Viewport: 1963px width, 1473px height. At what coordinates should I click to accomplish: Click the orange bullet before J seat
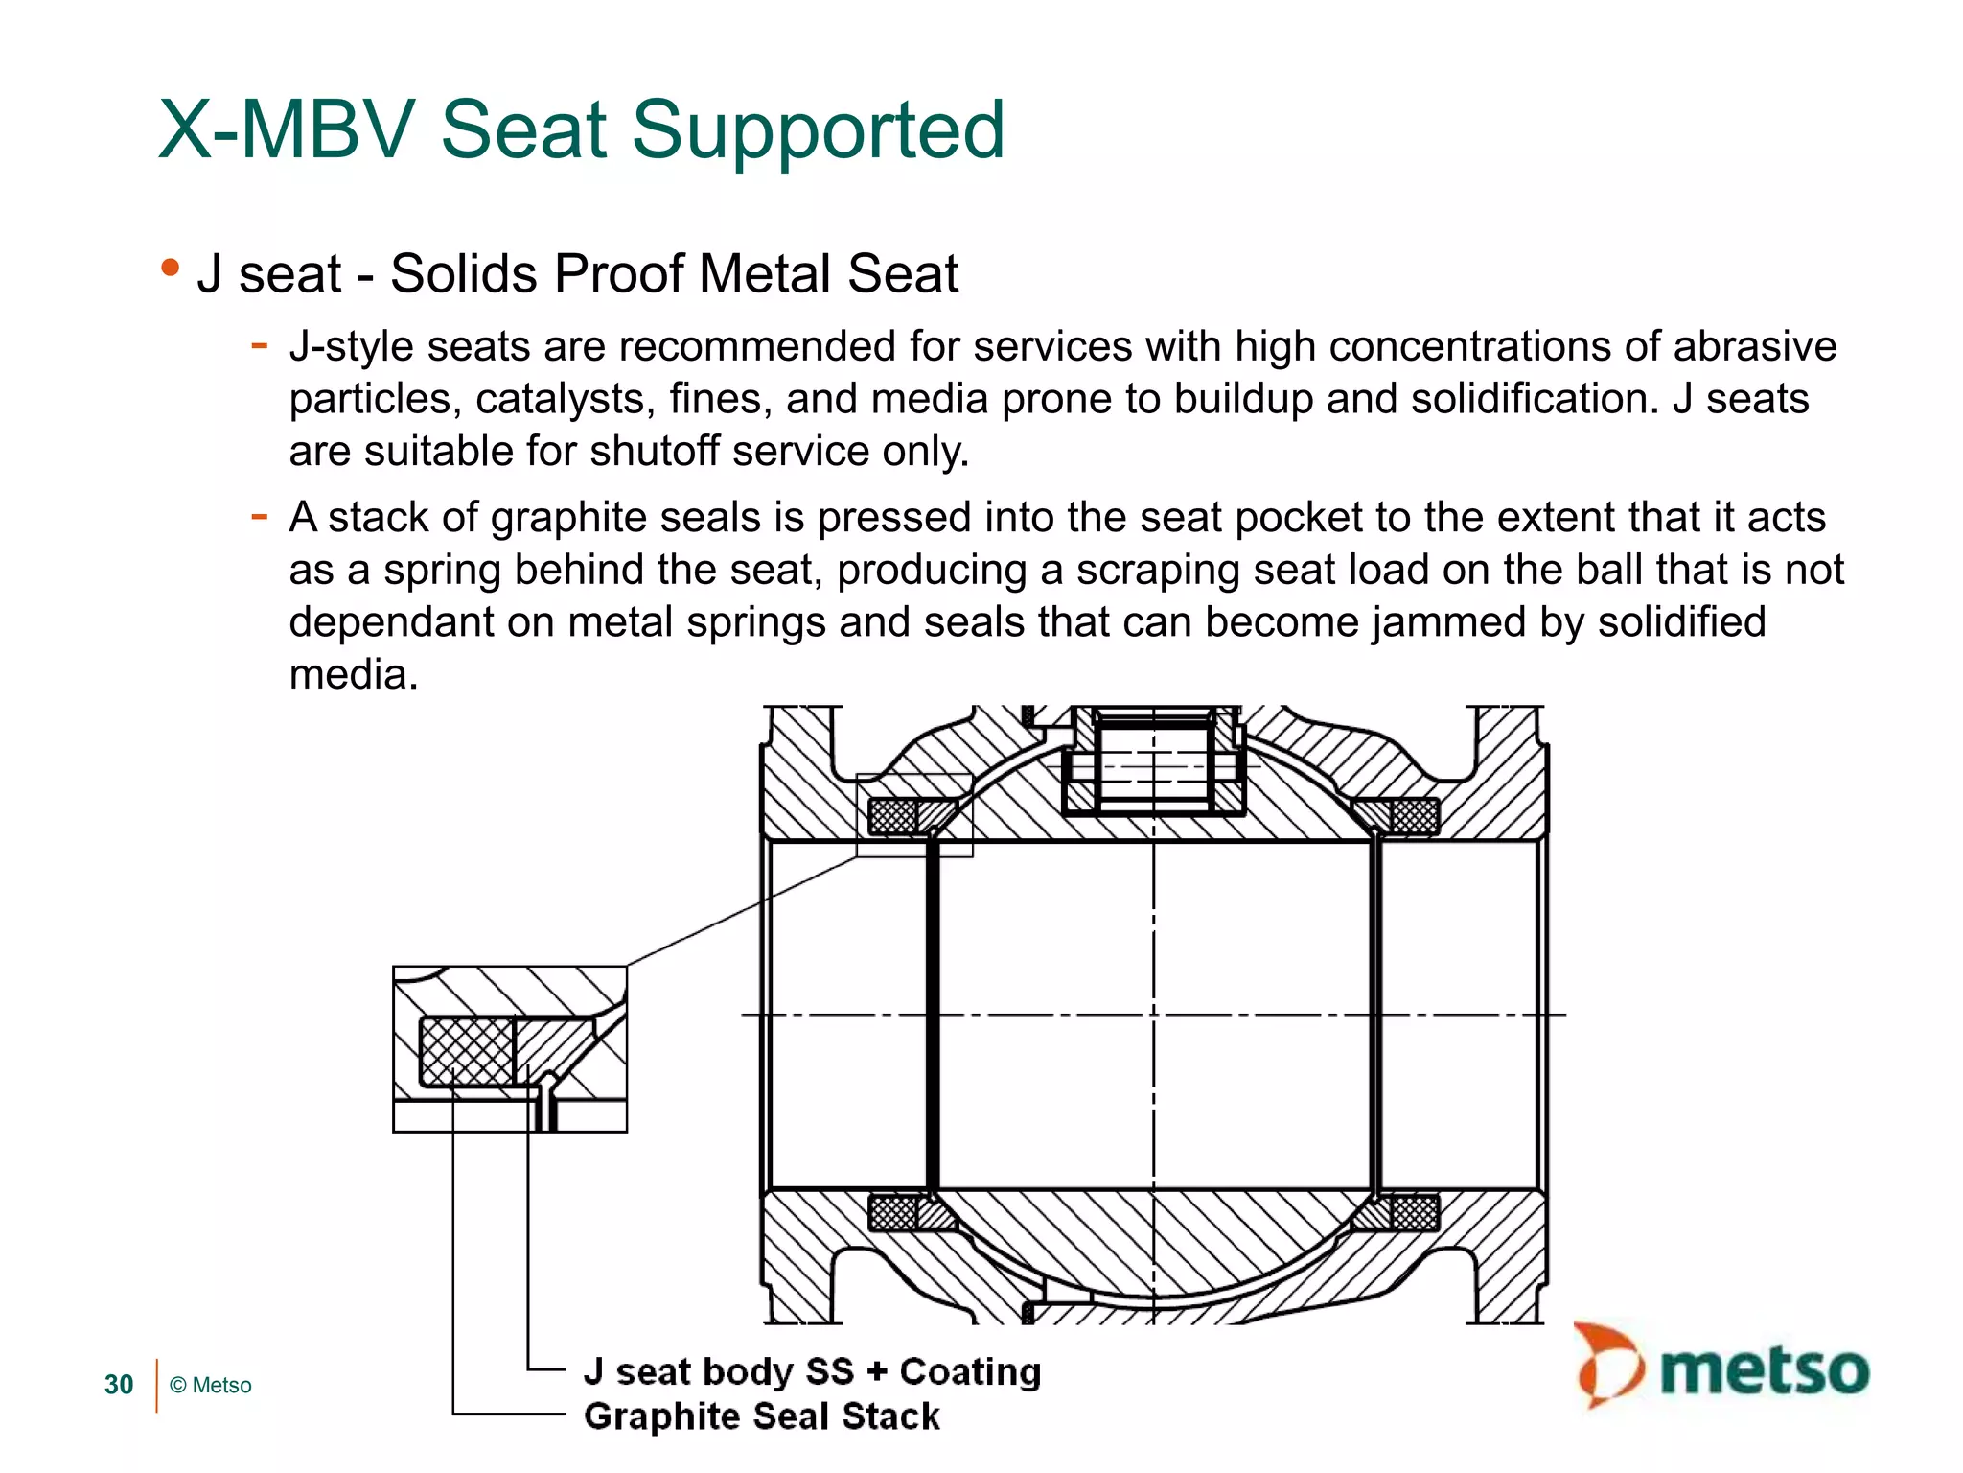pos(171,268)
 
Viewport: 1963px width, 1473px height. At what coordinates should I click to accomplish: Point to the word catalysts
pos(566,399)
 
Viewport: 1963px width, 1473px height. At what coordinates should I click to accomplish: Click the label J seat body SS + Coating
pos(812,1371)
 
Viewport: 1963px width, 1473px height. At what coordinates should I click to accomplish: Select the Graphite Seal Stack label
pos(762,1416)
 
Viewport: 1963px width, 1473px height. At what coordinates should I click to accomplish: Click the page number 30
pos(119,1385)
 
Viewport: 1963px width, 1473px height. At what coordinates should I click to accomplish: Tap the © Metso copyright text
pos(211,1385)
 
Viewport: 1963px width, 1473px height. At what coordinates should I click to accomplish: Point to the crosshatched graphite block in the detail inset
pos(467,1051)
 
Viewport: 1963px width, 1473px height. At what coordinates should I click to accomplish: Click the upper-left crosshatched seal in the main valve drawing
pos(892,816)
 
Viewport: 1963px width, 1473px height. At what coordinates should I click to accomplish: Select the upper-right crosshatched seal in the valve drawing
pos(1415,816)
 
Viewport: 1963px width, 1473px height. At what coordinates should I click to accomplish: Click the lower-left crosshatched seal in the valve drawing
pos(892,1213)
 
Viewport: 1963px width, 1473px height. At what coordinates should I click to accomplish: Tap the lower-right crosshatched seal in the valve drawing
pos(1415,1213)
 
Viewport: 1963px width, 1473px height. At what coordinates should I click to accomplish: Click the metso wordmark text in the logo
pos(1764,1370)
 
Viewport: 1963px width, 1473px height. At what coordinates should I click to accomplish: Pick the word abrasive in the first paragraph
pos(1754,346)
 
